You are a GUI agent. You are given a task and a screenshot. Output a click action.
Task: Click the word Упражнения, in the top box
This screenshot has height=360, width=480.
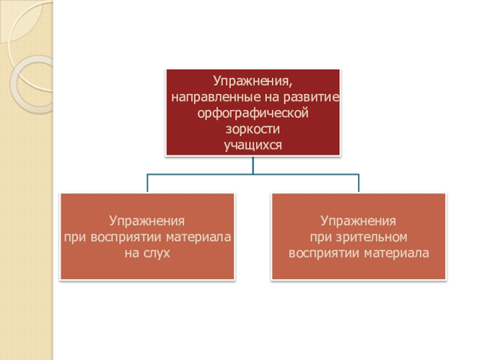point(253,81)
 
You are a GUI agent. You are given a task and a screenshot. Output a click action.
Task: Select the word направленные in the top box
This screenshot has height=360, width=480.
point(206,97)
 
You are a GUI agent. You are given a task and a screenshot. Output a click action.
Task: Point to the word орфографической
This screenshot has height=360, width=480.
point(253,113)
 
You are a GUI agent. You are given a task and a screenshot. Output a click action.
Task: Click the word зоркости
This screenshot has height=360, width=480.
point(253,129)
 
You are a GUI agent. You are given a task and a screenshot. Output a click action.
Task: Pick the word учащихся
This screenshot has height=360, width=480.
point(253,145)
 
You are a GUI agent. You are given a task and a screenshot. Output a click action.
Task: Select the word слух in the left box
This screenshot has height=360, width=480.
point(157,253)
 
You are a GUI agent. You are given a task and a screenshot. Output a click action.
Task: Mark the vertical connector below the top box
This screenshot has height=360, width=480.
point(253,166)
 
